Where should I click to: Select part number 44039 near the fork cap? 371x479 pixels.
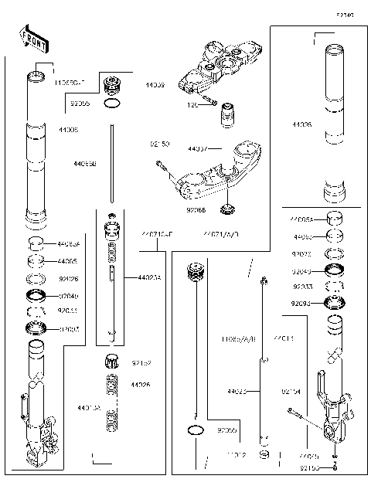[x=155, y=86]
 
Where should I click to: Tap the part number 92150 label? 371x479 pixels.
[x=160, y=143]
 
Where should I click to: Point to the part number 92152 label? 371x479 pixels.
[x=140, y=362]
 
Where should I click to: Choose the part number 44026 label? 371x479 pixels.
[x=140, y=385]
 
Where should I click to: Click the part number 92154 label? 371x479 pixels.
[x=291, y=390]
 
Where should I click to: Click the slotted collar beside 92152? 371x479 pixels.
[x=111, y=361]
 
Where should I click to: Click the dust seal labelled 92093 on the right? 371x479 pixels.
[x=337, y=303]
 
